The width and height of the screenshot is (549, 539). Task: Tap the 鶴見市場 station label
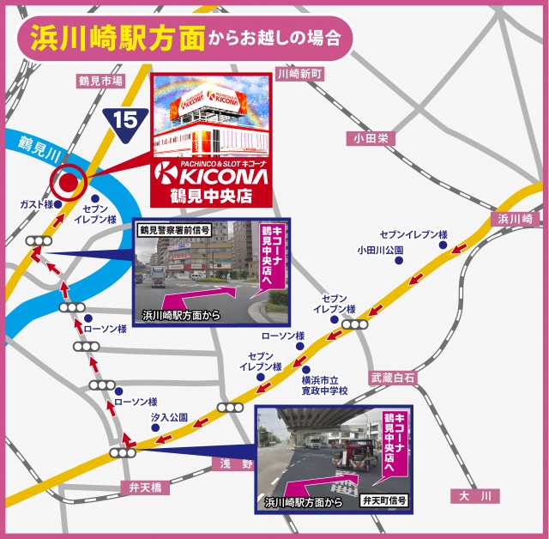point(100,80)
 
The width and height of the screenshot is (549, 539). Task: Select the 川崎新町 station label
point(301,75)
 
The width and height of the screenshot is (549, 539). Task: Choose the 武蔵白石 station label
point(393,378)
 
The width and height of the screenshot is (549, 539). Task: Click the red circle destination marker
point(67,181)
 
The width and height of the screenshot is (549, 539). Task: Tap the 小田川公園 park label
point(380,251)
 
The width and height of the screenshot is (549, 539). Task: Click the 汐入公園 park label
point(169,416)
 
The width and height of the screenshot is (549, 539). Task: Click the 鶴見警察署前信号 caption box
point(175,230)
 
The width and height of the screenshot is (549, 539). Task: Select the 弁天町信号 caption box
point(384,500)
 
